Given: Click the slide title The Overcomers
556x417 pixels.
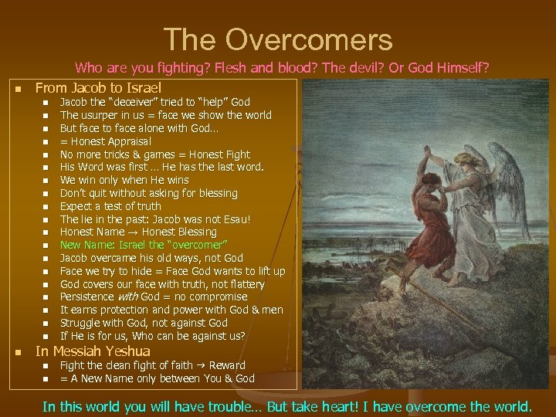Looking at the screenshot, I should pos(278,39).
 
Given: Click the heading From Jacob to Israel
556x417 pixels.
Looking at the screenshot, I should pos(98,88).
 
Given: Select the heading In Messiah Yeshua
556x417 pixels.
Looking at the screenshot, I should pos(93,351).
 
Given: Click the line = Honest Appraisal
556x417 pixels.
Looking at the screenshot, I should pos(106,141).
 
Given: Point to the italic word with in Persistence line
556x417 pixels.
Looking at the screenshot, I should pos(127,297).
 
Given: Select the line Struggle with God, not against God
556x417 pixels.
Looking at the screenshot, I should pos(144,323).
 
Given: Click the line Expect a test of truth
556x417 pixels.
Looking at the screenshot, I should pos(110,206).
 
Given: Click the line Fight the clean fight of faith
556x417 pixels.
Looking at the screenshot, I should pos(152,365).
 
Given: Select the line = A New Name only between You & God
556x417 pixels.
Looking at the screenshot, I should pos(157,378).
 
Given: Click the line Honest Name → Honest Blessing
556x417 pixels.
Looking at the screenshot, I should pos(138,232).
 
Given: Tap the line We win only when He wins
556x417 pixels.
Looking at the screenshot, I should pos(124,180).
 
